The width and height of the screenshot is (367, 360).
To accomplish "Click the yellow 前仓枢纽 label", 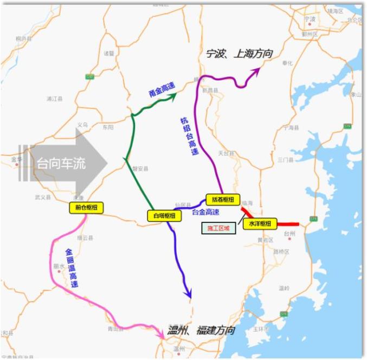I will (85, 207).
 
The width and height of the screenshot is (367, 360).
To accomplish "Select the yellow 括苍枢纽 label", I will (222, 200).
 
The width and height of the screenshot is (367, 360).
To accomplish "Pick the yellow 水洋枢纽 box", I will (260, 223).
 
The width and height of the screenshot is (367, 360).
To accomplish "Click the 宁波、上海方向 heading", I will (239, 54).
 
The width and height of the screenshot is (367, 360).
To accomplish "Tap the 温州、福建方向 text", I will (202, 330).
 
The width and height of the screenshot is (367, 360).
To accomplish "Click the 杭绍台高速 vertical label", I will (188, 136).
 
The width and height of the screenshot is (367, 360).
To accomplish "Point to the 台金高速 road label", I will (205, 212).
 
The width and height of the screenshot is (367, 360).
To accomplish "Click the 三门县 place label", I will (285, 160).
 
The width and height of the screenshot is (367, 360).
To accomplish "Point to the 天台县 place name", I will (225, 153).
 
